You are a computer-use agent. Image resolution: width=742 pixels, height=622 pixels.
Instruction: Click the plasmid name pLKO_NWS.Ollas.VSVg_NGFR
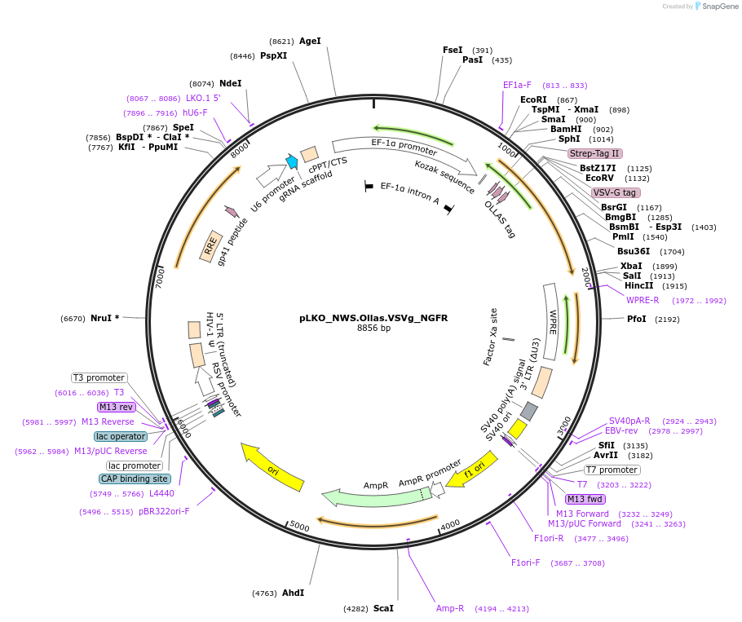coord(373,318)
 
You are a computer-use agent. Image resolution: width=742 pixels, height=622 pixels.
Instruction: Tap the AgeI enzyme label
coord(310,41)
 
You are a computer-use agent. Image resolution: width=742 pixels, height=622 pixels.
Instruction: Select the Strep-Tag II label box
coord(595,153)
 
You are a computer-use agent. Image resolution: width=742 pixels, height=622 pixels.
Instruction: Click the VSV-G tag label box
coord(616,192)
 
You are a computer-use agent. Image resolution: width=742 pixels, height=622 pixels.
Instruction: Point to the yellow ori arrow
coord(272,467)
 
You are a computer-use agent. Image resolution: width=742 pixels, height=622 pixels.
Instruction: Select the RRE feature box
coord(211,246)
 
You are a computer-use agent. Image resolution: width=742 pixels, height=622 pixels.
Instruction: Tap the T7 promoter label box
coord(612,470)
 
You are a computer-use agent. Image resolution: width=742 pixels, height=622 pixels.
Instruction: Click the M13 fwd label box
coord(585,499)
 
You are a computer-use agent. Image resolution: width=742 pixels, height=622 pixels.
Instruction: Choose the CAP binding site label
coord(135,479)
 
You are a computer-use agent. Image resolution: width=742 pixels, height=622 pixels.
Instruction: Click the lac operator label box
coord(121,436)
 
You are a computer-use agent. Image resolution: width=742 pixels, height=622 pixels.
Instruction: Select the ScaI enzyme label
coord(383,608)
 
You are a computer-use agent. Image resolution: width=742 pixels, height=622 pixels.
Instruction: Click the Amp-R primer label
coord(449,608)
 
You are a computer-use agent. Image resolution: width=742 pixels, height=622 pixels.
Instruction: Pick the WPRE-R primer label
coord(643,300)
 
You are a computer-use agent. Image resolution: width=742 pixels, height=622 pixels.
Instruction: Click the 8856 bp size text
coord(373,329)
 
